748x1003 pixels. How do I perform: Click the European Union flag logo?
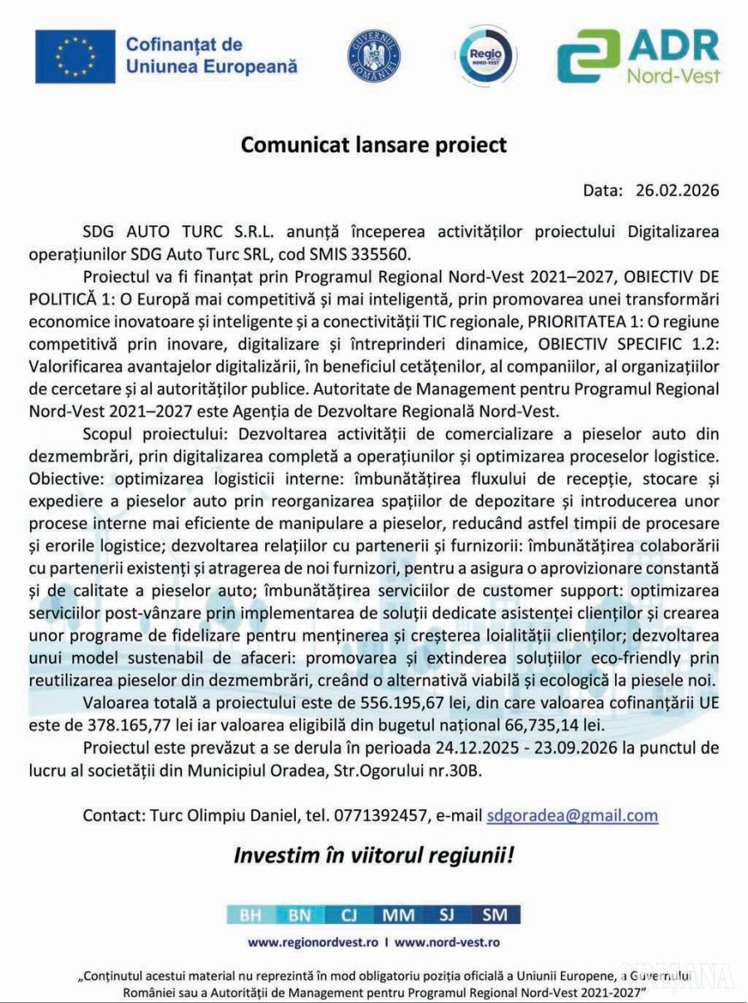[75, 57]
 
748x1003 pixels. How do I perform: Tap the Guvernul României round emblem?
[374, 56]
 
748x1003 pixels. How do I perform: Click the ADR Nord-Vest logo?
[637, 56]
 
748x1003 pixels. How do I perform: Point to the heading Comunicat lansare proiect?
[374, 145]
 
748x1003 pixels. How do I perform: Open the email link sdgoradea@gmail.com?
[573, 815]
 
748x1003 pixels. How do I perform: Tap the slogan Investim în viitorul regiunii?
[373, 855]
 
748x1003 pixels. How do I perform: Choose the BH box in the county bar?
[250, 915]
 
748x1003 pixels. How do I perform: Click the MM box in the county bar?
[399, 915]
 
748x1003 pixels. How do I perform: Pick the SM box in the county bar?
[495, 915]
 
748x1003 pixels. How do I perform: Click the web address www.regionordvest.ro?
[314, 943]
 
